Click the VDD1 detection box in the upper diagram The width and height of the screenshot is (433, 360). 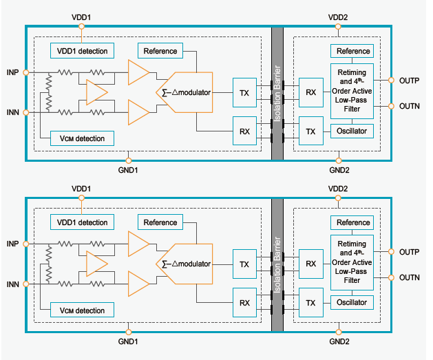pos(82,51)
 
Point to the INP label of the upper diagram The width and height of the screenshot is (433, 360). pos(12,72)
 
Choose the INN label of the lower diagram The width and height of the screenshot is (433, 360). pos(12,283)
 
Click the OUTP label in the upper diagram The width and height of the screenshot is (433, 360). pos(410,80)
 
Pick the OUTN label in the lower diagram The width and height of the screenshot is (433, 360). pos(410,277)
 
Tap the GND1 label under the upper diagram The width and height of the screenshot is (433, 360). pos(128,169)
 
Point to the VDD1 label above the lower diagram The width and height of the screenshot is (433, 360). pos(81,188)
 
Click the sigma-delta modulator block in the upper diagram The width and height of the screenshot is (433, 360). pos(186,92)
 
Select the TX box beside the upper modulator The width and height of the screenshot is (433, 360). pos(244,92)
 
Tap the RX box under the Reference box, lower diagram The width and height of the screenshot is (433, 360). pos(244,302)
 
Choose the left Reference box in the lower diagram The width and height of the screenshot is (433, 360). pos(160,222)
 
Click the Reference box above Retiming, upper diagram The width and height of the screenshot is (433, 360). pos(353,51)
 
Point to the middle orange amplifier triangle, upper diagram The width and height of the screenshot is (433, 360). pos(96,92)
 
